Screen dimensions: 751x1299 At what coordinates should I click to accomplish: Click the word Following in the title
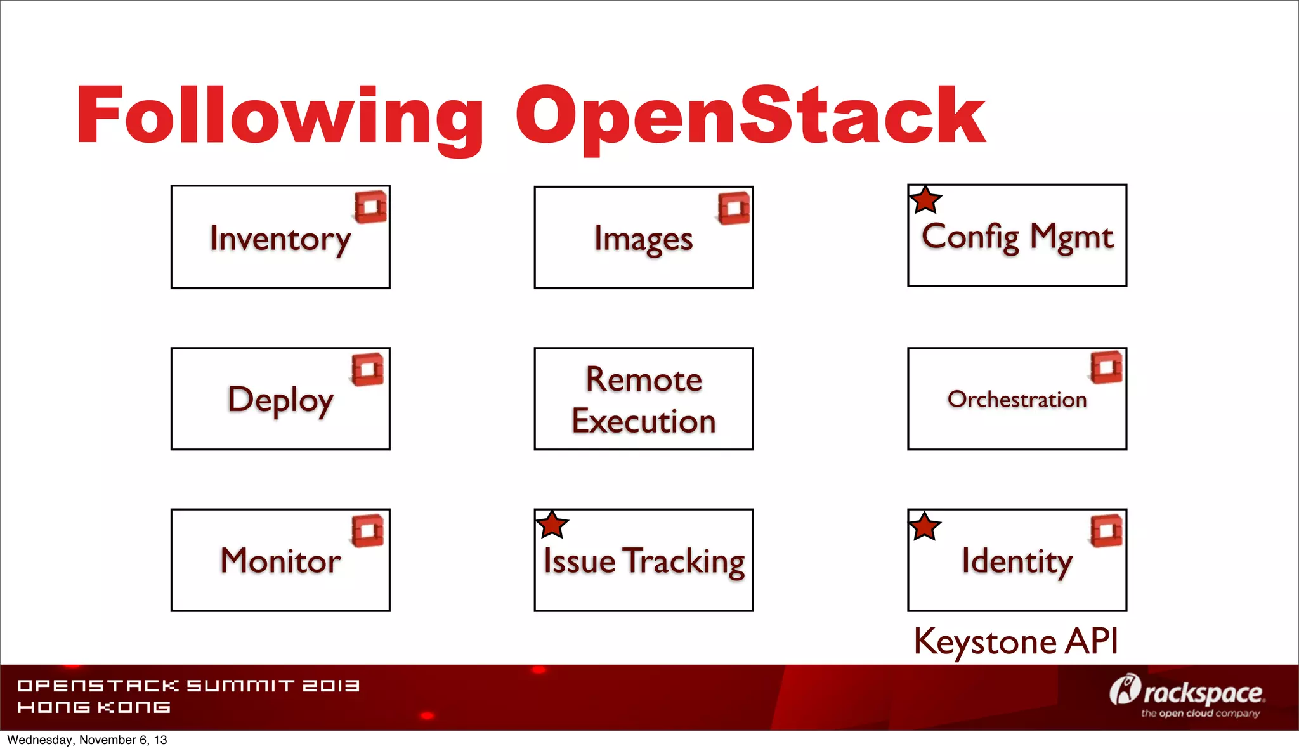click(x=279, y=117)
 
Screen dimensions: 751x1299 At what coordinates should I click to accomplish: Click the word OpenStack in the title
click(x=750, y=117)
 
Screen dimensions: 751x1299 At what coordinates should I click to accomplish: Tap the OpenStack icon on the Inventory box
click(x=371, y=207)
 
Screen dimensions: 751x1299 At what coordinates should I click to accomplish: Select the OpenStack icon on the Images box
click(x=734, y=208)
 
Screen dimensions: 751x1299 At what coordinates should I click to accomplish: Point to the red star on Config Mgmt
click(x=925, y=200)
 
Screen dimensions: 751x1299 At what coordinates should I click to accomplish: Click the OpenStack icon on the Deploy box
click(x=368, y=369)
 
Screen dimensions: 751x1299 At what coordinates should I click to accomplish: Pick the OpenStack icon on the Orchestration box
click(x=1107, y=367)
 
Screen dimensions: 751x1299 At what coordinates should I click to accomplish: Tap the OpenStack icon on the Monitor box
click(x=368, y=531)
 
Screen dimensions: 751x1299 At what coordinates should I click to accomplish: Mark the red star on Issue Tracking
click(x=552, y=525)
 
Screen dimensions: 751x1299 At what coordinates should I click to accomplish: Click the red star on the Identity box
click(x=925, y=526)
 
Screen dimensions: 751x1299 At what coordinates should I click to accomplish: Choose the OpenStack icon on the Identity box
click(x=1107, y=530)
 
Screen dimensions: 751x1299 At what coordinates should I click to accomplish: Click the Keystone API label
click(x=1015, y=641)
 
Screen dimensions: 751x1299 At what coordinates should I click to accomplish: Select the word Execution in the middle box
click(x=644, y=421)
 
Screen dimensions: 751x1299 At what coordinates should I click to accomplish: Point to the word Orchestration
click(x=1017, y=400)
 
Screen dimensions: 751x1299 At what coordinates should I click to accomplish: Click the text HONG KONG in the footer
click(x=94, y=707)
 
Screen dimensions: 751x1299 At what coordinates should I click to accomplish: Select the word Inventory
click(x=280, y=239)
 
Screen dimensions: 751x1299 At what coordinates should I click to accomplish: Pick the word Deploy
click(x=280, y=400)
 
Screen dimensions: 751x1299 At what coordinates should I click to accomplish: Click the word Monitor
click(x=280, y=561)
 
